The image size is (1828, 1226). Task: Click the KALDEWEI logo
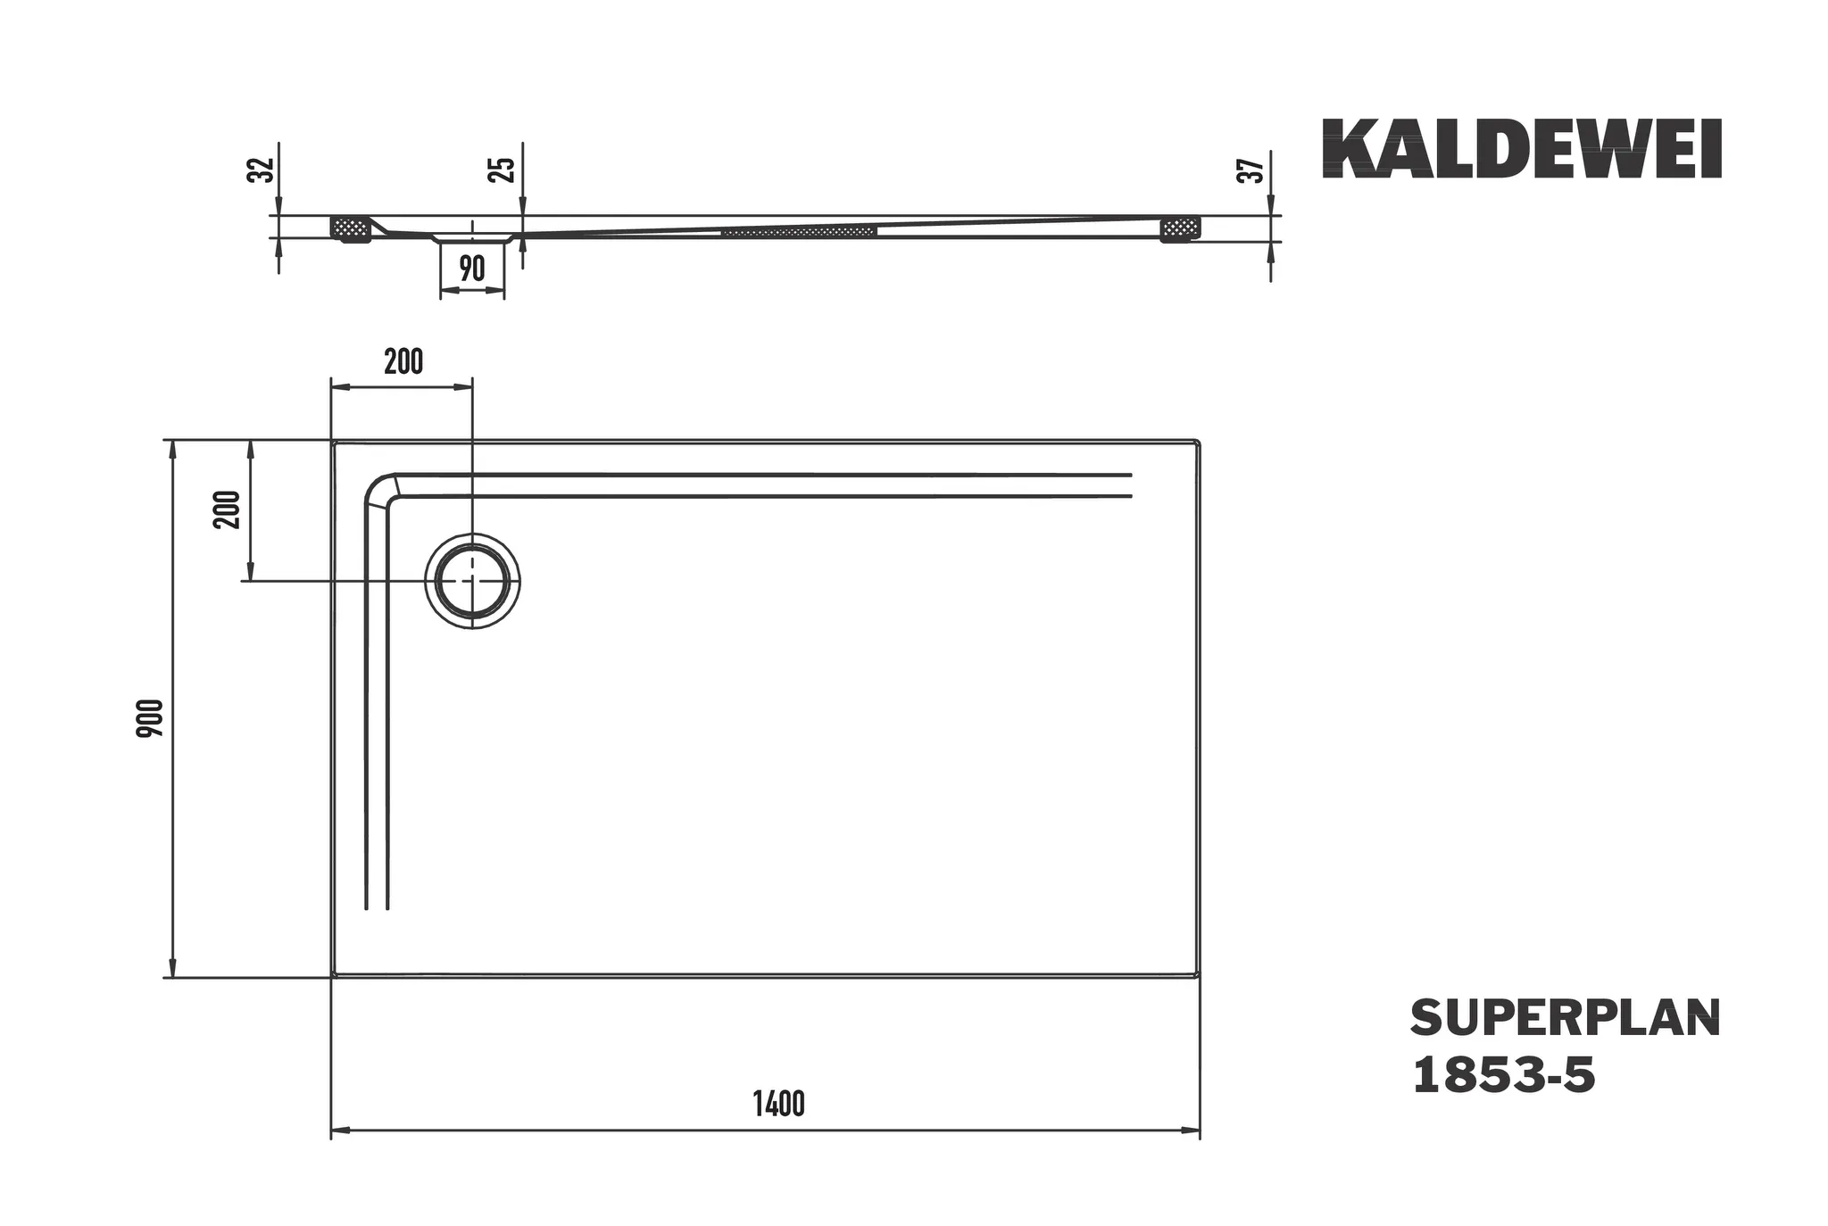point(1521,150)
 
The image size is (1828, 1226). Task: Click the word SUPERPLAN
point(1565,1019)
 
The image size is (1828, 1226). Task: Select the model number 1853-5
point(1503,1076)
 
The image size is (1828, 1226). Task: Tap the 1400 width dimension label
point(778,1105)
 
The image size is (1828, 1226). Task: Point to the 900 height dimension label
point(151,717)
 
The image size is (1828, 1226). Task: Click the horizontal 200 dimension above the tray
point(403,362)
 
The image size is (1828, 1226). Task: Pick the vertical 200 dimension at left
point(228,509)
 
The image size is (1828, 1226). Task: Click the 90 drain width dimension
point(472,268)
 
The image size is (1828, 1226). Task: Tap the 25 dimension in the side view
point(503,170)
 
